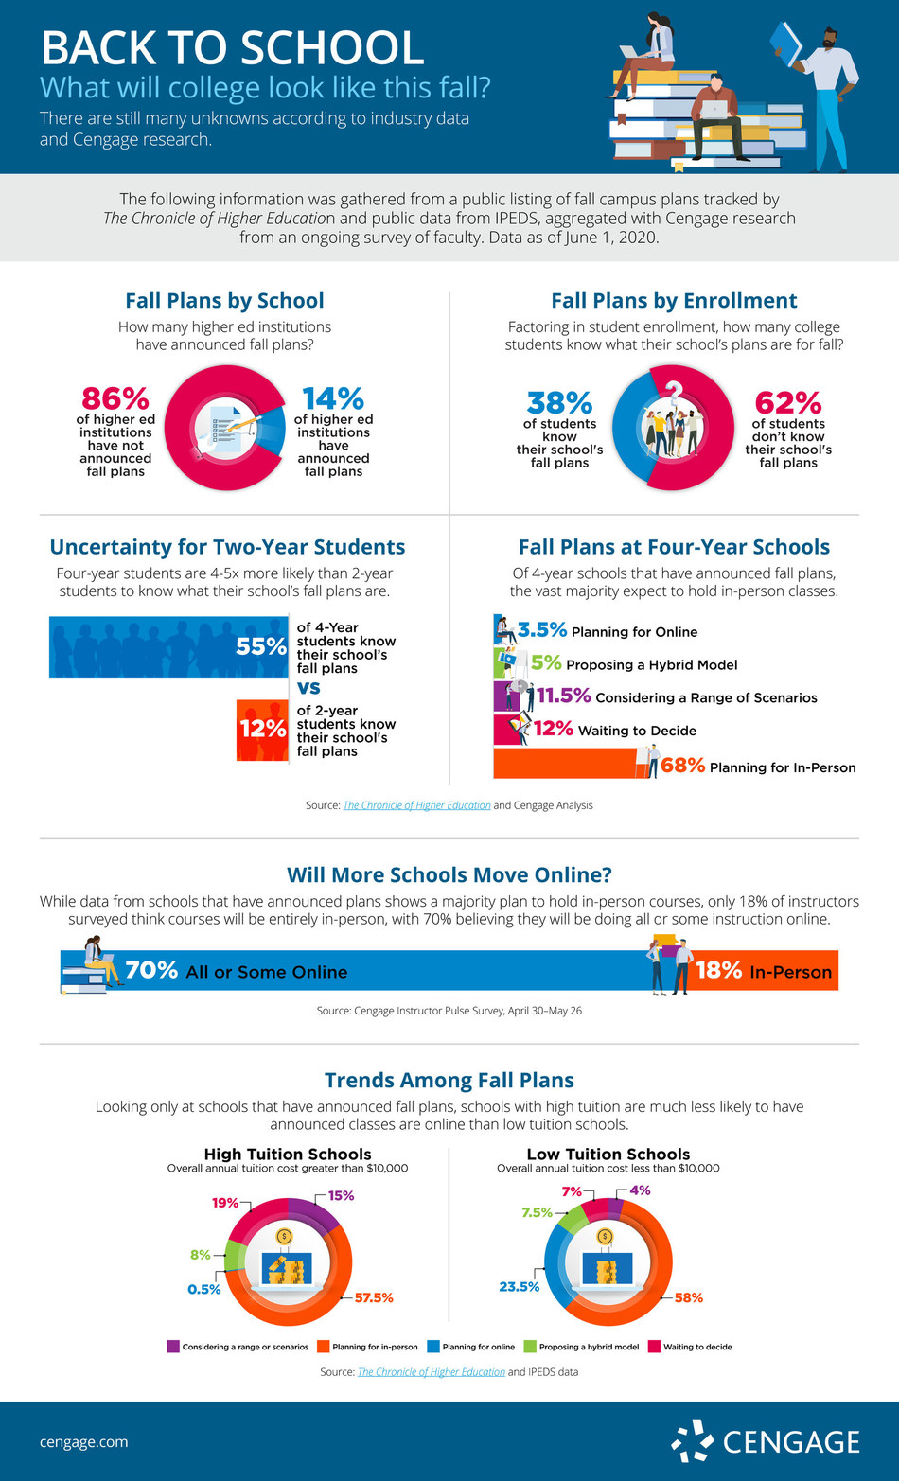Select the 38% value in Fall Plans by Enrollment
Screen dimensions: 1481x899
[x=559, y=404]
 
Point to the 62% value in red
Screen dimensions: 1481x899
[x=787, y=404]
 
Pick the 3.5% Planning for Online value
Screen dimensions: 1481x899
[x=542, y=630]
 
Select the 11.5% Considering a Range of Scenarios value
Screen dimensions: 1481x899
[x=564, y=696]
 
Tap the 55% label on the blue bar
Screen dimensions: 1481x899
[x=261, y=646]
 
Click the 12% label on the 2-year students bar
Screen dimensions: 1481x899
[x=262, y=729]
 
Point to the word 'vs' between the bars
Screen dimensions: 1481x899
[x=308, y=688]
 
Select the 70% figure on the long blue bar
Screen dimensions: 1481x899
[x=151, y=971]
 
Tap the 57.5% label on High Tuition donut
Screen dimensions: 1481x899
[x=373, y=1297]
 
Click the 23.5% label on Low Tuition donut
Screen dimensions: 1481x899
[x=520, y=1286]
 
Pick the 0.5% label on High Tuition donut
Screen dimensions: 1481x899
[x=203, y=1289]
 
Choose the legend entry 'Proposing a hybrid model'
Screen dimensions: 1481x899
[x=581, y=1347]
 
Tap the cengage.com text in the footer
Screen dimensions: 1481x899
[x=83, y=1442]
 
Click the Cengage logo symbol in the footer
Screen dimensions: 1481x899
[x=692, y=1441]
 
